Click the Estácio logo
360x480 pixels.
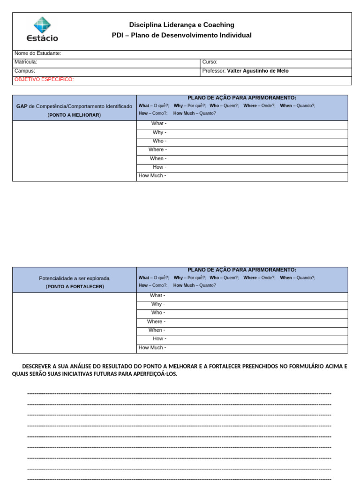tap(42, 29)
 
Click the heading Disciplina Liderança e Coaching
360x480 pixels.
tap(181, 25)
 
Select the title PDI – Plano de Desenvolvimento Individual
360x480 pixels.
tap(181, 35)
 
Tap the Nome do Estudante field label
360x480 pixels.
tap(37, 53)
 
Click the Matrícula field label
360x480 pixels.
tap(26, 62)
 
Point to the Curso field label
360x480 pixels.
tap(210, 62)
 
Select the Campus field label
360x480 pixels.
tap(25, 71)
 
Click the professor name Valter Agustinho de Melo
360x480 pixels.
tap(257, 71)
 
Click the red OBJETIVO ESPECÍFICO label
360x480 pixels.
tap(44, 79)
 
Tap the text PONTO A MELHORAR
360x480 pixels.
tap(74, 115)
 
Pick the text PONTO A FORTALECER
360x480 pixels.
tap(75, 286)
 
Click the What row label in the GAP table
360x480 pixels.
tap(158, 124)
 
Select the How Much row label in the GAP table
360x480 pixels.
tap(152, 176)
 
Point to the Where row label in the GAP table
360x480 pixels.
tap(157, 150)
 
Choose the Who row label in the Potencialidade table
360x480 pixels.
tap(157, 313)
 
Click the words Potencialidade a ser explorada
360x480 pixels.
tap(74, 278)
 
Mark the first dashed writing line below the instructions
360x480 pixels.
tap(180, 393)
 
